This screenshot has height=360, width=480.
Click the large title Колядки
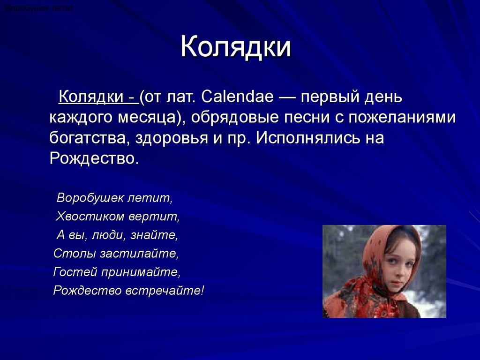tap(236, 46)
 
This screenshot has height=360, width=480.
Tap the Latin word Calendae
tap(238, 97)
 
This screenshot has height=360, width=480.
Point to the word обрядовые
tap(235, 118)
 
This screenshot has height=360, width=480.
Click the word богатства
tap(88, 138)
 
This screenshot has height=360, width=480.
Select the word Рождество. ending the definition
tap(94, 158)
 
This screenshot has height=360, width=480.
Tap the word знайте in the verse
tap(154, 235)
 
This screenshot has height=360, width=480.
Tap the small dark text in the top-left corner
tap(39, 8)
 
